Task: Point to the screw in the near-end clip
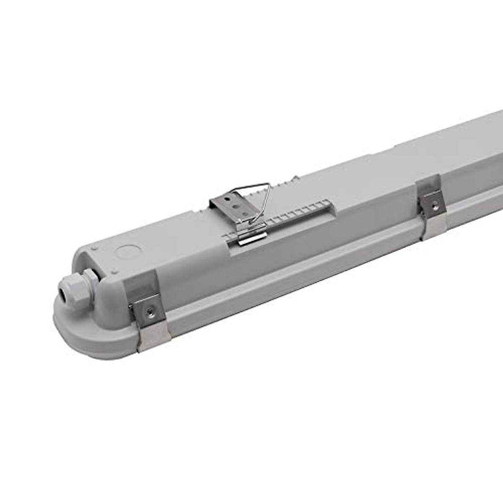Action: (x=148, y=311)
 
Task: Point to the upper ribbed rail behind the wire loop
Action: (x=285, y=184)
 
